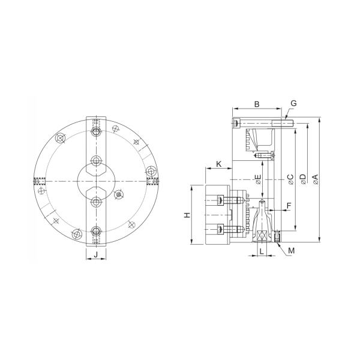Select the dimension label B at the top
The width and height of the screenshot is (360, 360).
pos(256,104)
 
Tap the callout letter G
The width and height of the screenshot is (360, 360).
pos(293,104)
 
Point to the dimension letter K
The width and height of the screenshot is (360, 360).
pos(218,164)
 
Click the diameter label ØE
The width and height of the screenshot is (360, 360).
pos(259,181)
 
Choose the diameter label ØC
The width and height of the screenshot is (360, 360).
pos(290,179)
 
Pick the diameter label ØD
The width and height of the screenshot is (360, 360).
pos(303,179)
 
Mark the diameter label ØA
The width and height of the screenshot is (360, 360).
pos(316,179)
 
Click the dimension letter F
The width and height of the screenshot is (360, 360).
pos(289,205)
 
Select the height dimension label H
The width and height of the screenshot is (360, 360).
pos(187,215)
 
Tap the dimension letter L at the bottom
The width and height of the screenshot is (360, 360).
pos(262,251)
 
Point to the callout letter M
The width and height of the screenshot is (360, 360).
pos(291,250)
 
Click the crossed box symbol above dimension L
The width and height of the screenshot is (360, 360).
pos(263,236)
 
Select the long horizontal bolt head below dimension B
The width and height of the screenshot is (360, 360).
pos(238,124)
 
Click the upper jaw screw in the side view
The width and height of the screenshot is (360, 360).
pos(222,200)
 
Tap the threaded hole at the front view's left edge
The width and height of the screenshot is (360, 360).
pos(40,181)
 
